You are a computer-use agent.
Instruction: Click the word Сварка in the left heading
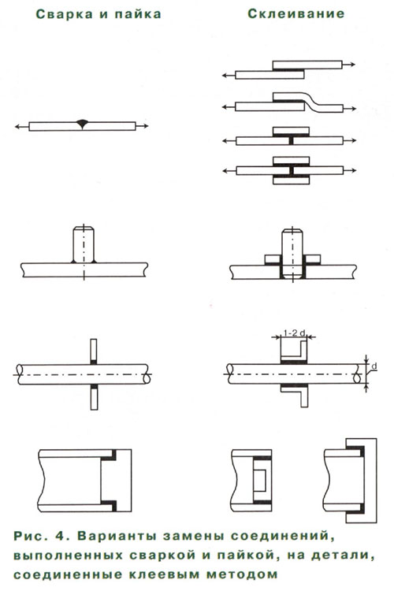(x=65, y=14)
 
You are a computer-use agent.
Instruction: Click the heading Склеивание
(x=296, y=13)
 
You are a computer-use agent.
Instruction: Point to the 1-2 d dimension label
(x=294, y=333)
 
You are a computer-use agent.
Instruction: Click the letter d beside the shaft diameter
(x=374, y=366)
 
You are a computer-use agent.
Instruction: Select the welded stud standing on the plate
(x=84, y=243)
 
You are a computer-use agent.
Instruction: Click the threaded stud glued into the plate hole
(x=292, y=254)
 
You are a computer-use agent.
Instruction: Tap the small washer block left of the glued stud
(x=272, y=259)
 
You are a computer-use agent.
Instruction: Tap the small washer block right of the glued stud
(x=313, y=259)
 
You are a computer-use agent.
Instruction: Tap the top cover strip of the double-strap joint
(x=291, y=161)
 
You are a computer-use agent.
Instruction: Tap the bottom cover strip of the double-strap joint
(x=291, y=180)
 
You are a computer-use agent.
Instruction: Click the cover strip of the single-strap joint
(x=291, y=131)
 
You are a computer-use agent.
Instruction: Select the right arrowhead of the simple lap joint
(x=352, y=65)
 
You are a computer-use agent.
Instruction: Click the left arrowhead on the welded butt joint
(x=17, y=127)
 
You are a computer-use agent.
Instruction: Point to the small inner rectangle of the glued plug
(x=260, y=480)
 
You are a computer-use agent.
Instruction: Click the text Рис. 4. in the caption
(x=40, y=536)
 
